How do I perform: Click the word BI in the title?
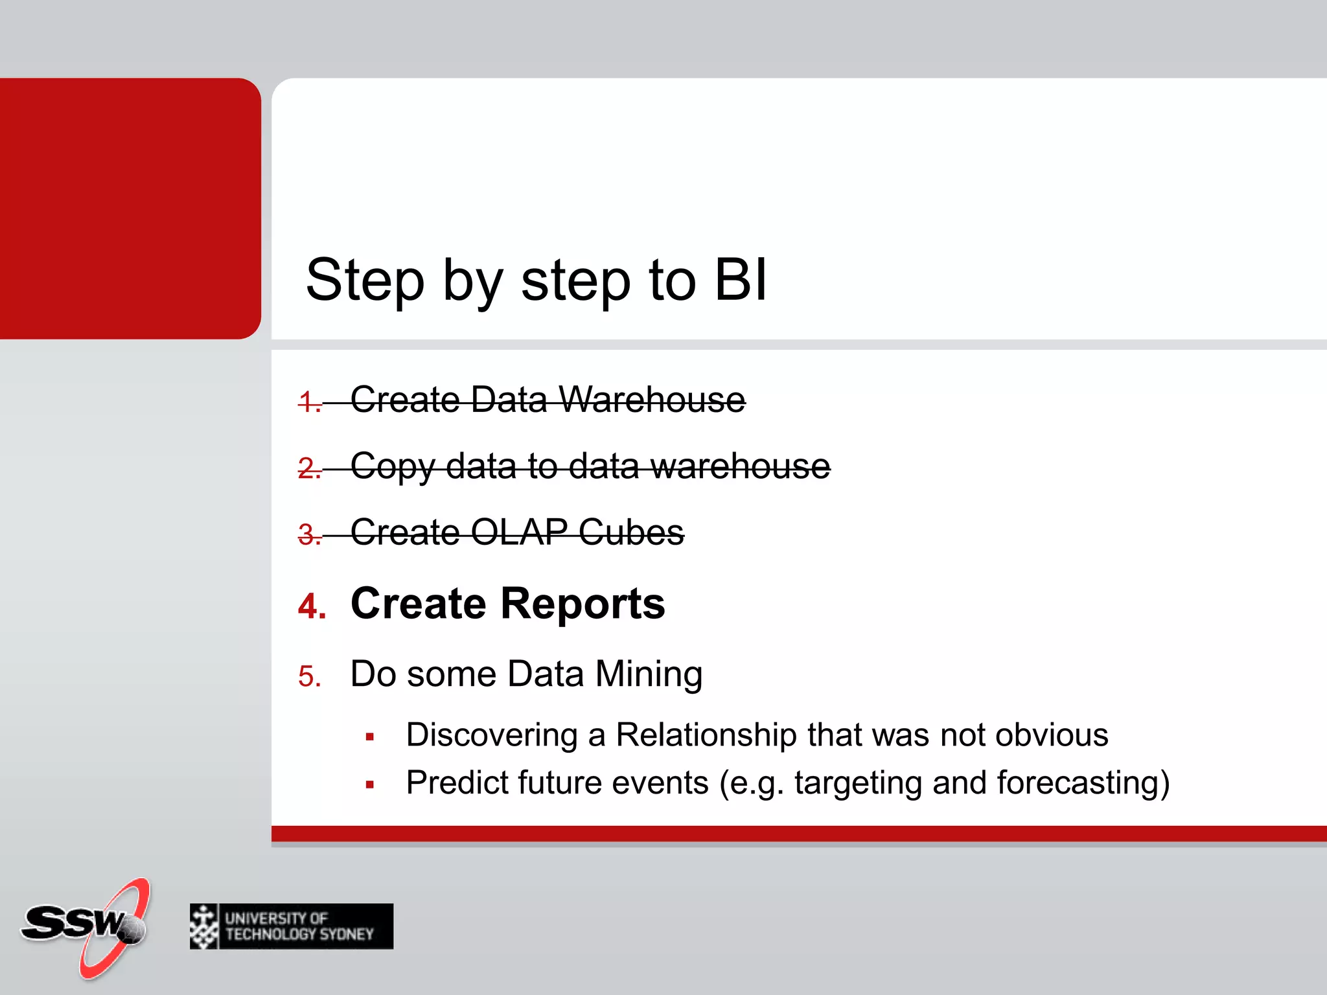click(x=740, y=280)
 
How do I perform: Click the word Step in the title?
click(x=365, y=280)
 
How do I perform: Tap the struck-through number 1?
click(x=309, y=402)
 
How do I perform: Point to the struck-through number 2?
click(x=309, y=468)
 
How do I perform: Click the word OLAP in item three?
click(x=519, y=532)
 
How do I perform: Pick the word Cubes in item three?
click(x=631, y=532)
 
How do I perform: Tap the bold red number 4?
click(x=312, y=606)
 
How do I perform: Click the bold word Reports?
click(x=583, y=604)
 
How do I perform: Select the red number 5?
click(x=310, y=676)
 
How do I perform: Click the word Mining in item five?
click(x=649, y=674)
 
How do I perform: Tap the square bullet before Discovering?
click(x=370, y=737)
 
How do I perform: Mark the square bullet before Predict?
click(x=370, y=784)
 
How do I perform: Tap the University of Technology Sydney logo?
click(x=291, y=926)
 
